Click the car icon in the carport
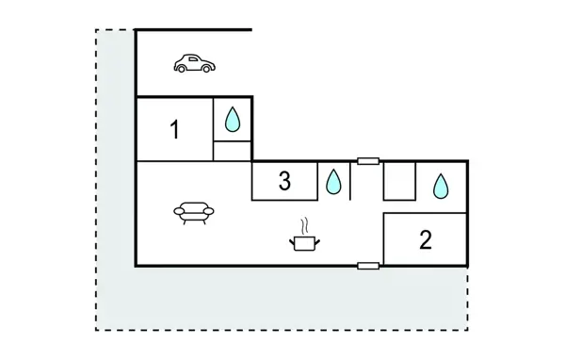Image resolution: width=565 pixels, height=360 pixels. tap(194, 64)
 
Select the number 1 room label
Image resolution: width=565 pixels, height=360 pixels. tap(174, 130)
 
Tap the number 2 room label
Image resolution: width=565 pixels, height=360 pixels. tap(425, 239)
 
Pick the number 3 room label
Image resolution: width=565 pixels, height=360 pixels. tap(284, 182)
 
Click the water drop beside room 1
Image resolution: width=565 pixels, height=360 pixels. tap(233, 120)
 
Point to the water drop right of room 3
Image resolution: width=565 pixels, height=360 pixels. tap(334, 181)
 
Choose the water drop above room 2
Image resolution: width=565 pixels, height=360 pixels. tap(441, 187)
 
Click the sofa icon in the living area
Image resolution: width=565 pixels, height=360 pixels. tap(194, 213)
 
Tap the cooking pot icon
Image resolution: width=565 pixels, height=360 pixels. tap(303, 243)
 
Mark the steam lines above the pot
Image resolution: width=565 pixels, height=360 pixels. tap(303, 226)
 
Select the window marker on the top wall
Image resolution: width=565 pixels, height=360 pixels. tap(368, 161)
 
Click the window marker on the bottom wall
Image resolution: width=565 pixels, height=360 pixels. tap(368, 267)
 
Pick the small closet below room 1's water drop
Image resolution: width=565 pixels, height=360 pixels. tap(233, 152)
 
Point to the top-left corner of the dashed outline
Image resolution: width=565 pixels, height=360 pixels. tap(96, 30)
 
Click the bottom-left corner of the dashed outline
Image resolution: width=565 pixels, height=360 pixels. tap(96, 330)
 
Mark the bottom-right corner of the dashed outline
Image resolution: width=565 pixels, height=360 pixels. tap(468, 330)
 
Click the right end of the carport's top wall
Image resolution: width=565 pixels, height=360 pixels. tap(251, 30)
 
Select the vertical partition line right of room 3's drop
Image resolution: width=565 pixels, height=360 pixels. tap(350, 180)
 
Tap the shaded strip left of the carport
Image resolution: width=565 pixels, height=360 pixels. tap(116, 141)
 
